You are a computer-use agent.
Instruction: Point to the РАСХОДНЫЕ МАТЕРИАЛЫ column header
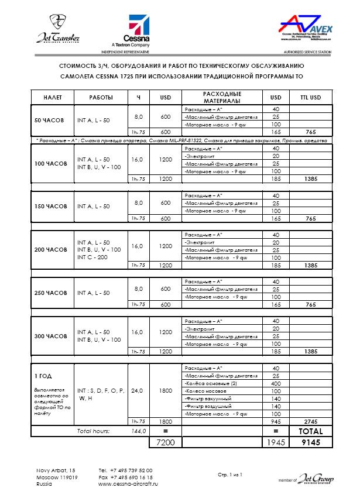coord(222,97)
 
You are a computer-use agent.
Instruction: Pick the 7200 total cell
coord(162,443)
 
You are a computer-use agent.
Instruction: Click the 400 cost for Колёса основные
coord(276,383)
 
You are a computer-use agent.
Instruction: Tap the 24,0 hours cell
coord(138,390)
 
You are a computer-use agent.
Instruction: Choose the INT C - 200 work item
coord(93,257)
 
